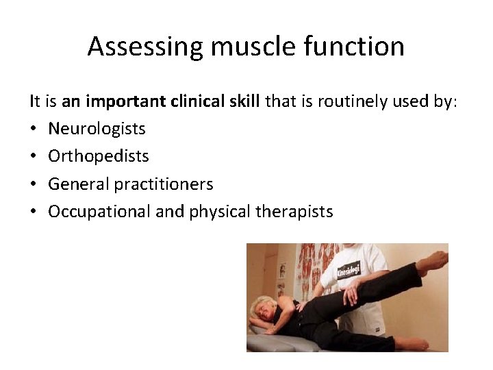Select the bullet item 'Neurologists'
(97, 129)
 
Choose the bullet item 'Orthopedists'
(98, 156)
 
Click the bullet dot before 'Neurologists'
(33, 129)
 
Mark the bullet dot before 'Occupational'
(33, 212)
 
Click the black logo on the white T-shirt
(348, 269)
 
